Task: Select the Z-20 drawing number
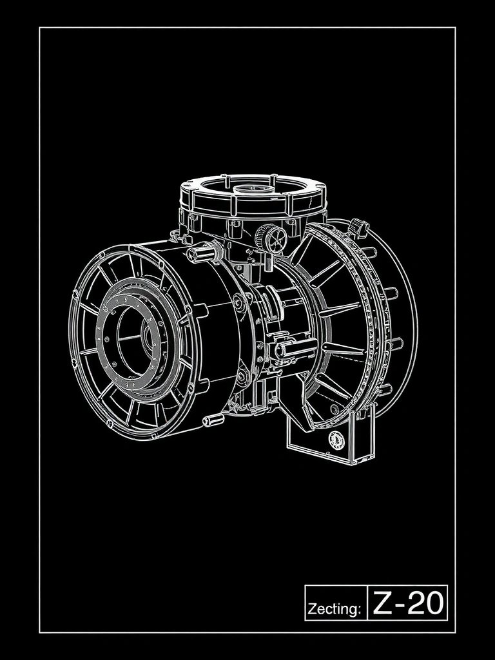(408, 603)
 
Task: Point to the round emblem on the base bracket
(336, 440)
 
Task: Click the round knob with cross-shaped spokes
(271, 238)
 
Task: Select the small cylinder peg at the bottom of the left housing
(213, 421)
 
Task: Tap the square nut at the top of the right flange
(359, 228)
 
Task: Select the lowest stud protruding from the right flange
(384, 389)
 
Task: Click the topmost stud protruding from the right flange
(369, 251)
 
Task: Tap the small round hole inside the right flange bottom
(333, 409)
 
